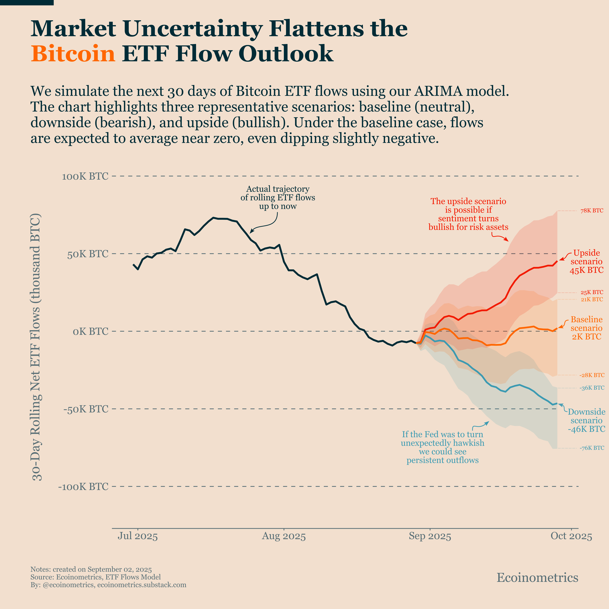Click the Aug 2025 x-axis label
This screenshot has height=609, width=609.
click(x=284, y=536)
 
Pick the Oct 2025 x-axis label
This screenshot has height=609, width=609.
click(x=571, y=536)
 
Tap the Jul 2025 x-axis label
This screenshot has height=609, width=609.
click(x=138, y=536)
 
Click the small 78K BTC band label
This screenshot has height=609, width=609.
click(x=592, y=211)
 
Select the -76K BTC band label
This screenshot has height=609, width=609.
click(x=592, y=448)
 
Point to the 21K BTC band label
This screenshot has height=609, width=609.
click(x=592, y=299)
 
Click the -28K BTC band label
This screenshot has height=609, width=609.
click(x=592, y=375)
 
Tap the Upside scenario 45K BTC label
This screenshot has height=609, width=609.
click(x=586, y=262)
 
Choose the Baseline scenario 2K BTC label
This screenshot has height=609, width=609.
click(x=586, y=328)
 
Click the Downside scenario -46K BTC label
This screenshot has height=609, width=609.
click(x=586, y=420)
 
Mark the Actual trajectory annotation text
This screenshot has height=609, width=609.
click(x=278, y=198)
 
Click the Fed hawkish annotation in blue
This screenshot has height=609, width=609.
click(x=443, y=447)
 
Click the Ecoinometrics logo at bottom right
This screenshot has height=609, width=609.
click(x=537, y=578)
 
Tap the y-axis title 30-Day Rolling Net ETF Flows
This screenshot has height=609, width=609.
click(x=37, y=347)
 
